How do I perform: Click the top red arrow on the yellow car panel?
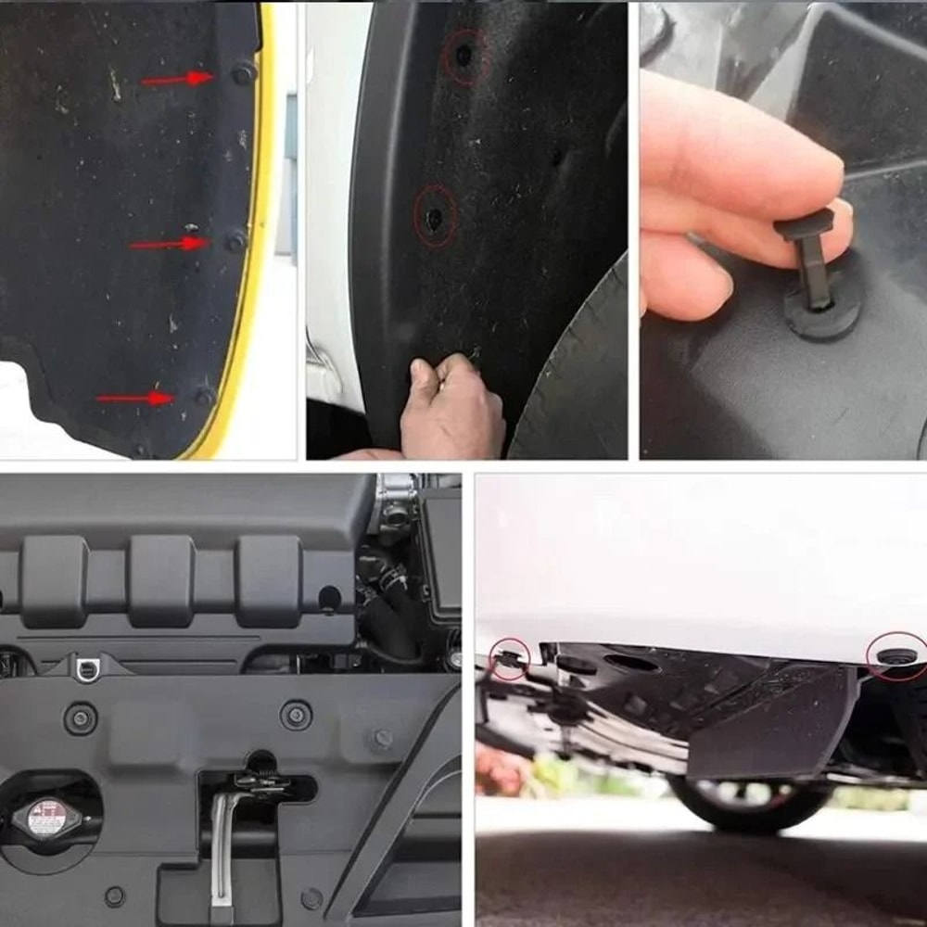(x=177, y=79)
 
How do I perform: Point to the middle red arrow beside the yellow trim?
(x=168, y=244)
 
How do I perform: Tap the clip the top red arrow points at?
(x=243, y=72)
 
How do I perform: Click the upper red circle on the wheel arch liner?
(x=463, y=56)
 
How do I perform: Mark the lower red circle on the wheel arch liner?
(x=435, y=216)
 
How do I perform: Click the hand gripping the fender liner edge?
(x=452, y=408)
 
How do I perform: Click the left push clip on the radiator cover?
(x=81, y=717)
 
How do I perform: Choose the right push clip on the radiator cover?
(x=297, y=714)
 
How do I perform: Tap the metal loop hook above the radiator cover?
(x=89, y=667)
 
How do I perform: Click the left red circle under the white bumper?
(x=509, y=658)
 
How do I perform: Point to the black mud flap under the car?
(x=769, y=723)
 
